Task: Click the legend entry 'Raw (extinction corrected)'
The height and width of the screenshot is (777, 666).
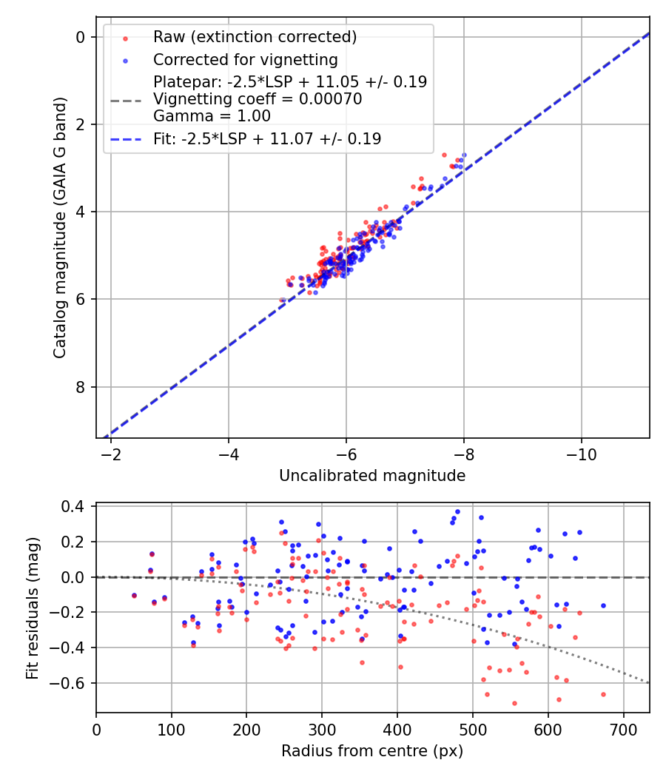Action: [255, 37]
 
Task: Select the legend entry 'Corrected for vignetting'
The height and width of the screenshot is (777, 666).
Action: [245, 60]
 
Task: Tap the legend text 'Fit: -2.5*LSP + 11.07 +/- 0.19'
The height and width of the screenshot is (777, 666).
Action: [267, 138]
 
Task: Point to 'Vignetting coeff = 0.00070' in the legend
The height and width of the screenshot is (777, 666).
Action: [258, 99]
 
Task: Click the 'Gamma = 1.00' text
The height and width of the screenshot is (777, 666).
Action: [212, 116]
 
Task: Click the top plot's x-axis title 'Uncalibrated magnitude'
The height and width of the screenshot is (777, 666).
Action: [372, 476]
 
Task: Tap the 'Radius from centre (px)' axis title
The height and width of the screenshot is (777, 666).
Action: [372, 751]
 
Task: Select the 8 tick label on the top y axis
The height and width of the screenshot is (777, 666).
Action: [81, 387]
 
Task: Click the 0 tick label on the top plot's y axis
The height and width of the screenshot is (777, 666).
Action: [81, 37]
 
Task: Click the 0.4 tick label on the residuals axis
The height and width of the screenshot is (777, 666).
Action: [77, 507]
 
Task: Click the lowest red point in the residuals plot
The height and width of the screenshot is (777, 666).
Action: [514, 703]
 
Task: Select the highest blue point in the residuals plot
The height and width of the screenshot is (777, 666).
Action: [457, 511]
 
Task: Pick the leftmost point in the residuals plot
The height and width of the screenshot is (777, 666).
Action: [134, 596]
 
